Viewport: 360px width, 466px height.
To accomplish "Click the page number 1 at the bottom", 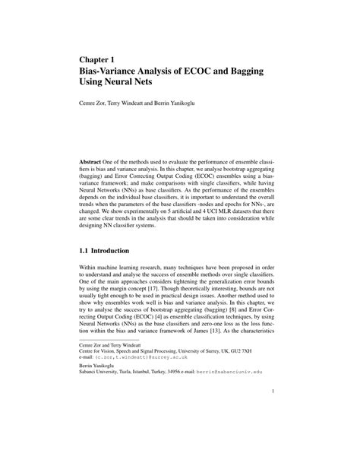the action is [x=270, y=414].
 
